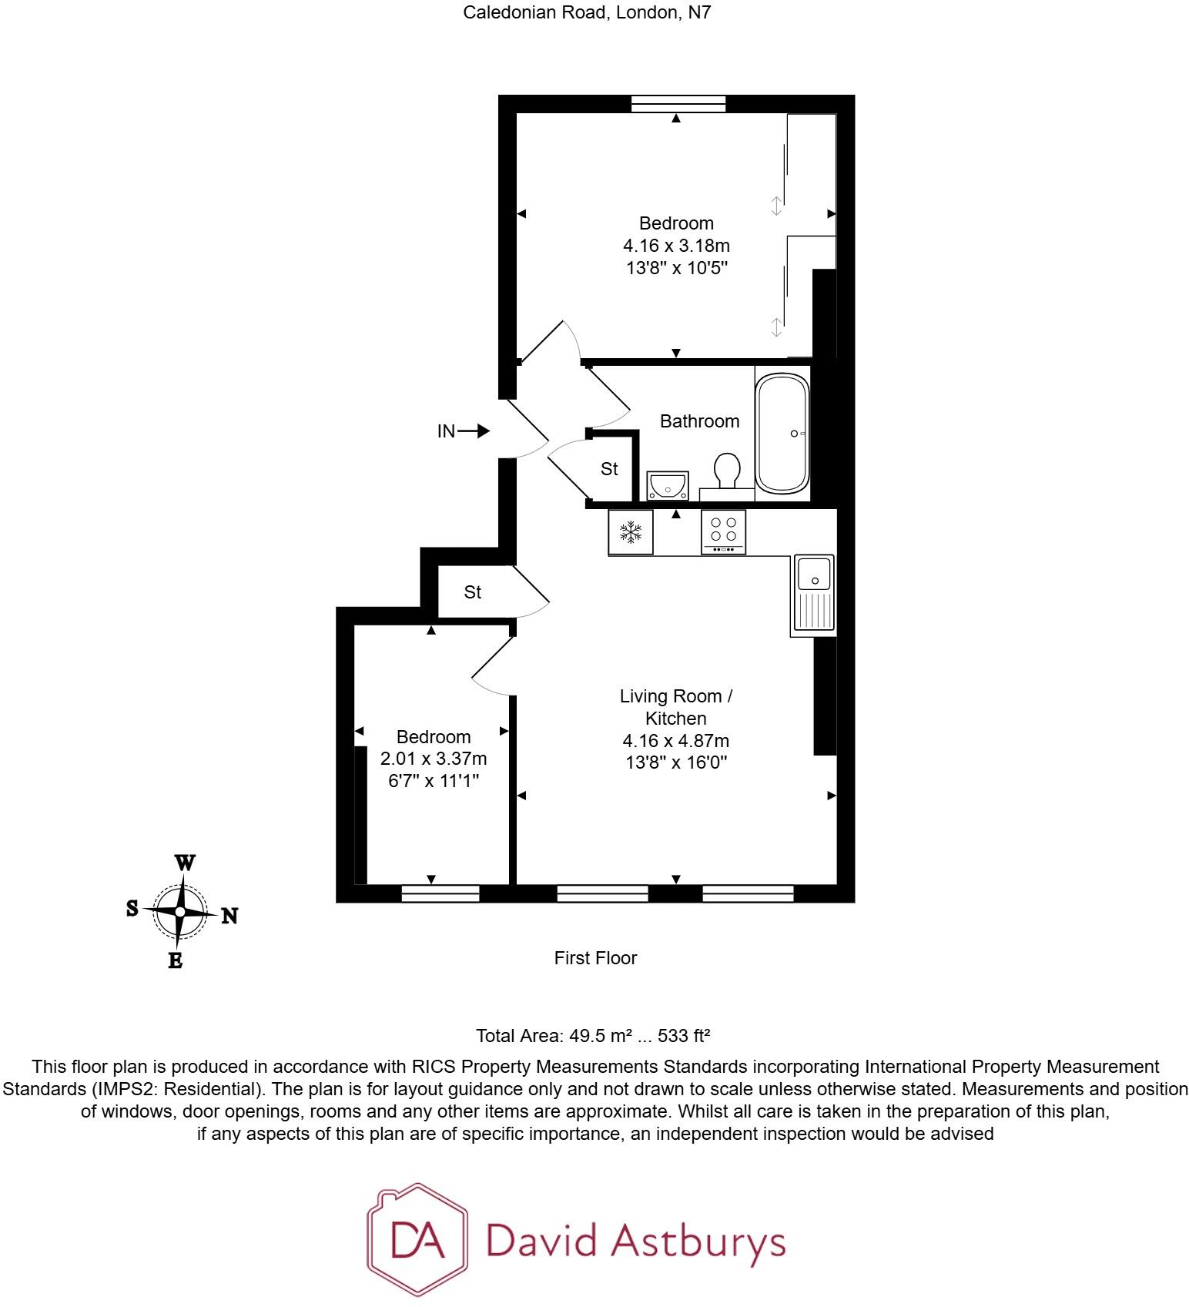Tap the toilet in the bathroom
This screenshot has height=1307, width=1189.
[x=727, y=471]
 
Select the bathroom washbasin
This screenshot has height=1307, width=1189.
[x=667, y=486]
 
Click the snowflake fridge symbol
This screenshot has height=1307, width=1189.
[x=631, y=531]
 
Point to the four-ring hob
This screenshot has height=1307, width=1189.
[x=723, y=531]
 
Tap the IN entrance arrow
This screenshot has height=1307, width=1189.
[x=472, y=431]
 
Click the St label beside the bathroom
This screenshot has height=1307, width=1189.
[x=609, y=468]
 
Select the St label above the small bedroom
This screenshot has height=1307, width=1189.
[x=472, y=592]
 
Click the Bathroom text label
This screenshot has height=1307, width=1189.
[x=699, y=421]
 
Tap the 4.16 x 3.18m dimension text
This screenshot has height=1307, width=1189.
[x=676, y=246]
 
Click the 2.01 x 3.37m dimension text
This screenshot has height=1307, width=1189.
[x=434, y=759]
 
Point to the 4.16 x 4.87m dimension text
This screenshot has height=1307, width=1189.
[x=676, y=741]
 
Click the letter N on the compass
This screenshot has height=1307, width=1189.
[x=229, y=916]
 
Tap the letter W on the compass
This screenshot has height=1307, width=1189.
[x=185, y=863]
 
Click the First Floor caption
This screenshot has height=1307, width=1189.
[x=595, y=958]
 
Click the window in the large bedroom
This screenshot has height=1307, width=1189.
[x=678, y=103]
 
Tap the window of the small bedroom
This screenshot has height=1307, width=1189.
[x=440, y=893]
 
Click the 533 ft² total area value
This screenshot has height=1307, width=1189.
[x=684, y=1036]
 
